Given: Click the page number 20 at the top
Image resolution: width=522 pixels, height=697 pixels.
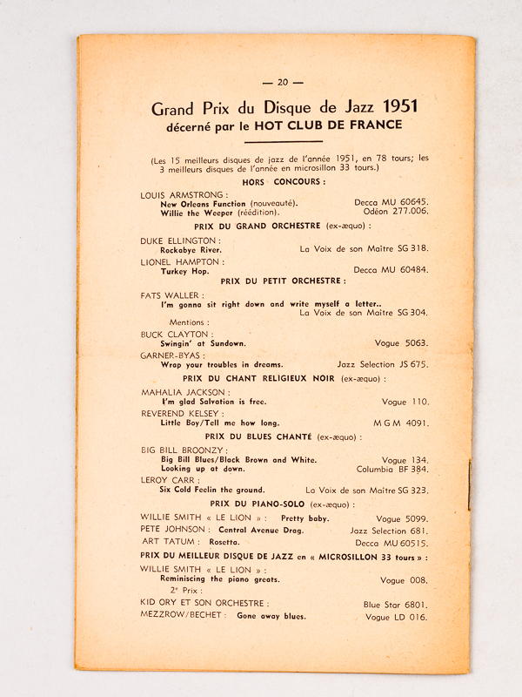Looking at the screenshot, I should [283, 83].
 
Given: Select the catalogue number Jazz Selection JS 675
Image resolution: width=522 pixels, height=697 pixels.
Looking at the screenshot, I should [383, 364].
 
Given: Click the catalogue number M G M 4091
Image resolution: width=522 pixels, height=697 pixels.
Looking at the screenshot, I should [401, 424].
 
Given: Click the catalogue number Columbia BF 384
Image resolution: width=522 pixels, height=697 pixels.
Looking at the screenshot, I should [392, 469].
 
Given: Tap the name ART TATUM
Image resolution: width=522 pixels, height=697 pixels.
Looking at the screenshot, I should [164, 541].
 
